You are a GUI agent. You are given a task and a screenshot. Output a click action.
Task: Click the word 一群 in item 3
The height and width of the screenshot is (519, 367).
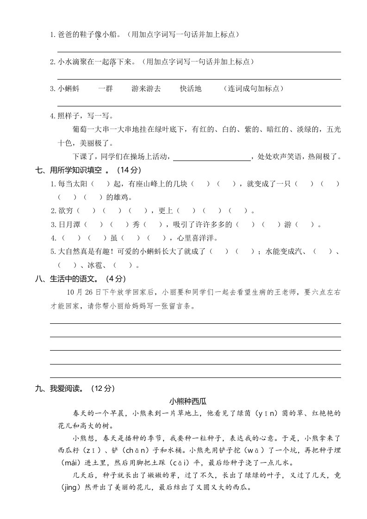point(105,89)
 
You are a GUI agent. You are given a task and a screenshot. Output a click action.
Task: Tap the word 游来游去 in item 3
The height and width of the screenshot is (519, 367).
point(146,89)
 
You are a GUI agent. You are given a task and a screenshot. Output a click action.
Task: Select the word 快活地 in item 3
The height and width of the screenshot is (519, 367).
point(191,89)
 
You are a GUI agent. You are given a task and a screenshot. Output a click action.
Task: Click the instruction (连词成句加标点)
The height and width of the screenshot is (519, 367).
point(253,89)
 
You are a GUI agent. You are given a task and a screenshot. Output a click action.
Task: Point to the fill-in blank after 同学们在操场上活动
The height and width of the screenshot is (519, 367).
point(211,157)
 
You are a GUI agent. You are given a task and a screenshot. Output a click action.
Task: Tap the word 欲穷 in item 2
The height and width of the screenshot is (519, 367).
point(65,211)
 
